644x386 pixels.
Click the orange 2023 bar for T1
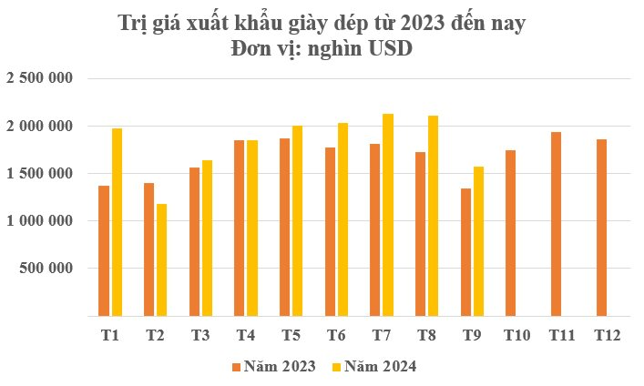point(104,250)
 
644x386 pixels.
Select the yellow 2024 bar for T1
point(117,222)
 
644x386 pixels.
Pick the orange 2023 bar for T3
point(194,241)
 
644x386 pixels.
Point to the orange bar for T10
point(511,233)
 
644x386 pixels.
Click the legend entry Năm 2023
point(273,366)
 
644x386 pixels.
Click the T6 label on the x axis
point(336,336)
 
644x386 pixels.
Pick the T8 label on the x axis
point(426,336)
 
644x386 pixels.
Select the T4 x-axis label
point(246,336)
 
